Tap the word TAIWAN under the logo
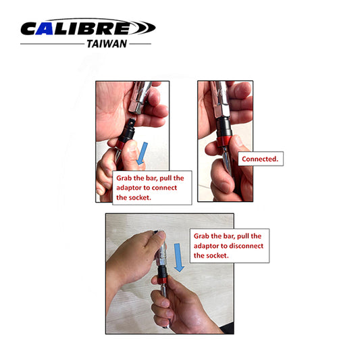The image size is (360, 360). [106, 43]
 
